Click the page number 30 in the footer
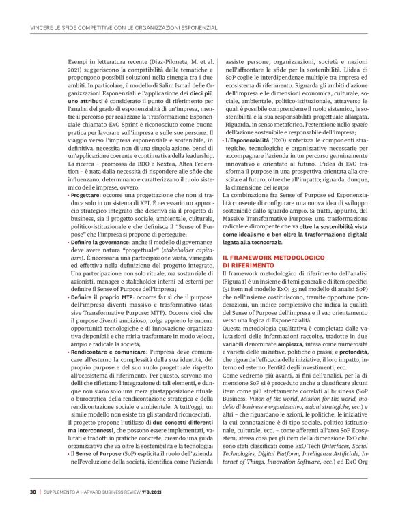tap(32, 492)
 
